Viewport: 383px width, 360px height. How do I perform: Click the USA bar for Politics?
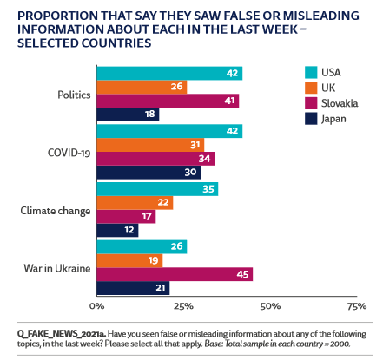[169, 73]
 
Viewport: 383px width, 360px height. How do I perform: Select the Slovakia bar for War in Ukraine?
[175, 275]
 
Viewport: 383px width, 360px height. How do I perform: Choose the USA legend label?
[334, 71]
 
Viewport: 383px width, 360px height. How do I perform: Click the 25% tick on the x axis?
[183, 306]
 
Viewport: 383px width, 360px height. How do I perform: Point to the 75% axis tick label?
[356, 306]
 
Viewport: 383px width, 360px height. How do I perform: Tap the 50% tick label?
[270, 306]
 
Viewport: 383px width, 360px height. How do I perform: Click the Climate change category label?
[59, 210]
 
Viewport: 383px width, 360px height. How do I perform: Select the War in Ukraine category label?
[59, 268]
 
